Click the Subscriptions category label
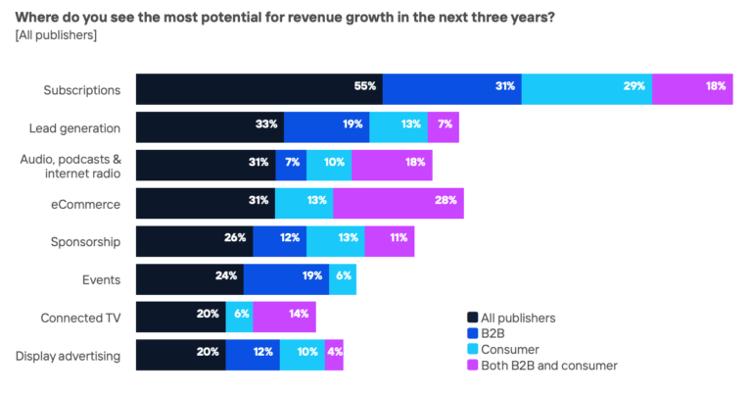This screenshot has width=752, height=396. (81, 89)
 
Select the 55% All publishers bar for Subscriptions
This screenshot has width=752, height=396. (258, 88)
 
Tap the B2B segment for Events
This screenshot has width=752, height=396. (286, 278)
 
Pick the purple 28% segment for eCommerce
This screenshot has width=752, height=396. (398, 203)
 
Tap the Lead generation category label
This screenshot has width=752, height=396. (74, 127)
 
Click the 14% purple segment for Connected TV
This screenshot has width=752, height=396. (285, 317)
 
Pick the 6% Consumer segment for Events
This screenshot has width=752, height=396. (343, 278)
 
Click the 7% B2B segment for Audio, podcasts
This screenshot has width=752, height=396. (291, 165)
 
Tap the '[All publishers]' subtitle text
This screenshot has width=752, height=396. (56, 35)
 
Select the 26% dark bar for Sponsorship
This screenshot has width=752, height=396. (194, 241)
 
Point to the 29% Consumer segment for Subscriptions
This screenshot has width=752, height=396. (586, 88)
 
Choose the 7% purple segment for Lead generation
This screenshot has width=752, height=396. (443, 127)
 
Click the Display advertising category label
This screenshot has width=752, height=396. (68, 356)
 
